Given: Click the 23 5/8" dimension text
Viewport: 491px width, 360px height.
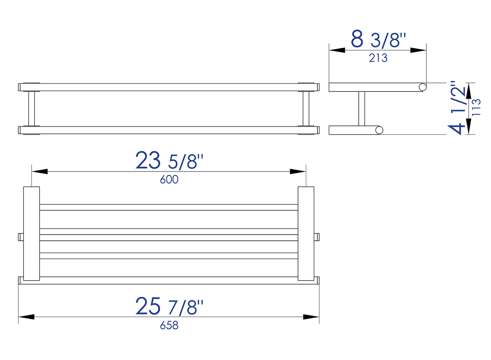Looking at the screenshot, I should pyautogui.click(x=169, y=161).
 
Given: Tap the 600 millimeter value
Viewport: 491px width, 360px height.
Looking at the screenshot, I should pyautogui.click(x=169, y=180).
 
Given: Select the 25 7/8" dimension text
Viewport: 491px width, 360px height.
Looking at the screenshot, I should pyautogui.click(x=169, y=306).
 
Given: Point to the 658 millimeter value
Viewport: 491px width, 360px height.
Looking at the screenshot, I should pyautogui.click(x=169, y=325).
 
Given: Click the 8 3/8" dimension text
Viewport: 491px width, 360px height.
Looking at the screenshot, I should pyautogui.click(x=378, y=40).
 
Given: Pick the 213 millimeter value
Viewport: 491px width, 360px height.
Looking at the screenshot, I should pyautogui.click(x=378, y=58).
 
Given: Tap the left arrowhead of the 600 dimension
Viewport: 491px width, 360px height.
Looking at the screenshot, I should pyautogui.click(x=40, y=172).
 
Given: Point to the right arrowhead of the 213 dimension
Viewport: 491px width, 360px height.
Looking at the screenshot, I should pyautogui.click(x=419, y=50).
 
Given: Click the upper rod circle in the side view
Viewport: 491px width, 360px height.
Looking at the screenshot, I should pyautogui.click(x=423, y=87).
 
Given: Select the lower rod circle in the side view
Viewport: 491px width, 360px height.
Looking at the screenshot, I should pyautogui.click(x=379, y=130).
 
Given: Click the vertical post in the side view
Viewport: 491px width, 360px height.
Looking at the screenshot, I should pyautogui.click(x=362, y=108).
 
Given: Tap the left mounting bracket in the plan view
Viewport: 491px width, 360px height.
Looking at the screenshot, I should pyautogui.click(x=31, y=233).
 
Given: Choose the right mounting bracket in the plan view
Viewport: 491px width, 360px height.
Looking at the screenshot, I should pyautogui.click(x=306, y=233).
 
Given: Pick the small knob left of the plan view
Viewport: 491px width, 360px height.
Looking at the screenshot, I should pyautogui.click(x=21, y=236).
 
